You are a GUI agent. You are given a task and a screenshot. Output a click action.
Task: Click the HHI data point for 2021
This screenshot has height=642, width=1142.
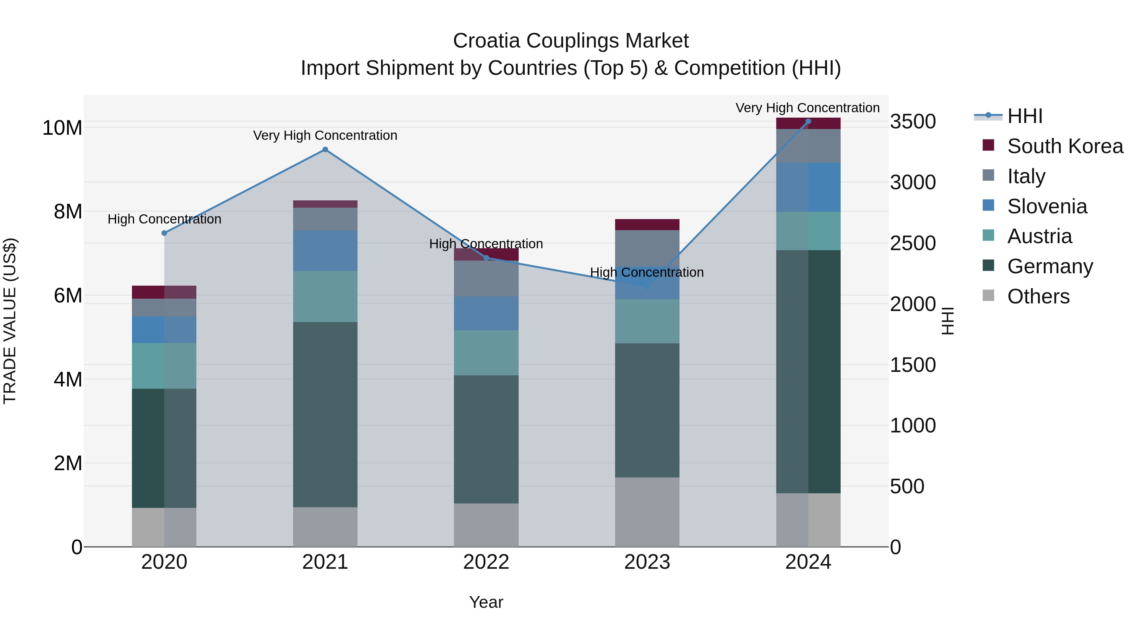[325, 150]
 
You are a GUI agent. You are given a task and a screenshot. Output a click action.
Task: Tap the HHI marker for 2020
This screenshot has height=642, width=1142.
[164, 233]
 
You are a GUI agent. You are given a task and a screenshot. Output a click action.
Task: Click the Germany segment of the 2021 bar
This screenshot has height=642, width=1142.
[325, 414]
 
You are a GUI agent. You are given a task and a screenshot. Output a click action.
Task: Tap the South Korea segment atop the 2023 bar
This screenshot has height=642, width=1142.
[647, 225]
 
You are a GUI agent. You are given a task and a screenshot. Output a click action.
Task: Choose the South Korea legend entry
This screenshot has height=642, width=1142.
[1065, 146]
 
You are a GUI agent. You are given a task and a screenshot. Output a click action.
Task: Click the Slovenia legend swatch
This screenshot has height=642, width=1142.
[988, 205]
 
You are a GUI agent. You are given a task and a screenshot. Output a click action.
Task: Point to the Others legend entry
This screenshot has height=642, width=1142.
[1038, 296]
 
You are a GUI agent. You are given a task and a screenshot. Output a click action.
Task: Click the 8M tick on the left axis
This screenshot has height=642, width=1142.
[68, 212]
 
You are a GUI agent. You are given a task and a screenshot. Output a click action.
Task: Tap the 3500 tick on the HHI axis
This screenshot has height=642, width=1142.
[913, 122]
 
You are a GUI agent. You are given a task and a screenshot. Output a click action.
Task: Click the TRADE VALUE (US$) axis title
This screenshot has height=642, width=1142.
[10, 321]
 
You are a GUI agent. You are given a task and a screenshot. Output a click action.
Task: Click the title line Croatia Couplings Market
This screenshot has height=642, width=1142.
[571, 41]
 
